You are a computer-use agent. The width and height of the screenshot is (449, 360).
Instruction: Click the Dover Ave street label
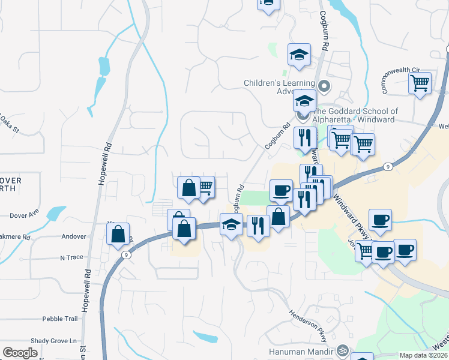(x=24, y=213)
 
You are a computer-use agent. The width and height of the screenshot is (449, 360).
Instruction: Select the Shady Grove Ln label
(x=56, y=340)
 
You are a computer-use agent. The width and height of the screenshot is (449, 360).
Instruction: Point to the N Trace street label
(x=71, y=257)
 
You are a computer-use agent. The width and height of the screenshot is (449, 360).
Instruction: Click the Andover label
(x=74, y=236)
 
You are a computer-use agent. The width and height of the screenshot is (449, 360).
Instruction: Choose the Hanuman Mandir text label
(x=309, y=350)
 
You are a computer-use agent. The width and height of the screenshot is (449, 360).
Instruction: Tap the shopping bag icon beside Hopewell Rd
(x=118, y=233)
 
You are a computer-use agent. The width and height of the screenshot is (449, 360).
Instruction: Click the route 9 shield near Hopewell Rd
(x=125, y=254)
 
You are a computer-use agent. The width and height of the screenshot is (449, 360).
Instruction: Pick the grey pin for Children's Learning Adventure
(x=324, y=86)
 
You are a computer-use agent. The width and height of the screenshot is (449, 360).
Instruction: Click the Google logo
(x=20, y=352)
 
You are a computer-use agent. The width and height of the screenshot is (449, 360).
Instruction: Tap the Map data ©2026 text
(x=423, y=355)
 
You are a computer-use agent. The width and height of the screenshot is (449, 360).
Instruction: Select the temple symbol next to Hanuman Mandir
(x=343, y=350)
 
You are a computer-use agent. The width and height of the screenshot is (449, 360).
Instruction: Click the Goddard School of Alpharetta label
(x=355, y=115)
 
